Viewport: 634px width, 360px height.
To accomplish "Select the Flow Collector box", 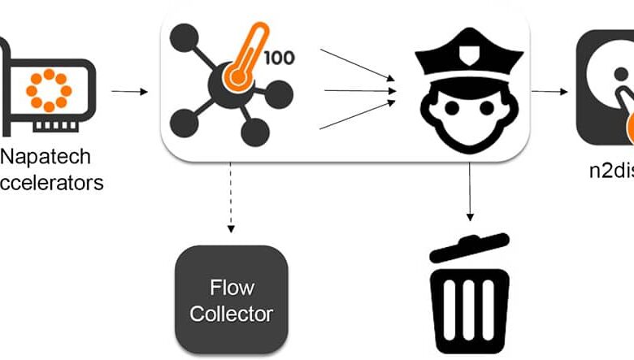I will coord(232,300).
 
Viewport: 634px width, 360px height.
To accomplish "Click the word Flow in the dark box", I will coord(232,287).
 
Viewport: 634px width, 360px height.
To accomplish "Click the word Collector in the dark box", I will coord(232,314).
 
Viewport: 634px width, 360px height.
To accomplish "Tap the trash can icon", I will coord(470,294).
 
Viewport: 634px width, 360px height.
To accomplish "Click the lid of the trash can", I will coord(470,247).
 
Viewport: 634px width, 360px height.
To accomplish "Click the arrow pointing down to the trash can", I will coord(469,190).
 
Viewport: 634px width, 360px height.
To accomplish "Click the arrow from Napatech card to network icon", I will coord(129,91).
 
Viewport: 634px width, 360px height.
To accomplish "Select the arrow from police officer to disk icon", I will coord(550,91).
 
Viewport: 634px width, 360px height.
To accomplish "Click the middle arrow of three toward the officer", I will coord(358,91).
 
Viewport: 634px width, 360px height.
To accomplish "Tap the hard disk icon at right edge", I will coord(606,89).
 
